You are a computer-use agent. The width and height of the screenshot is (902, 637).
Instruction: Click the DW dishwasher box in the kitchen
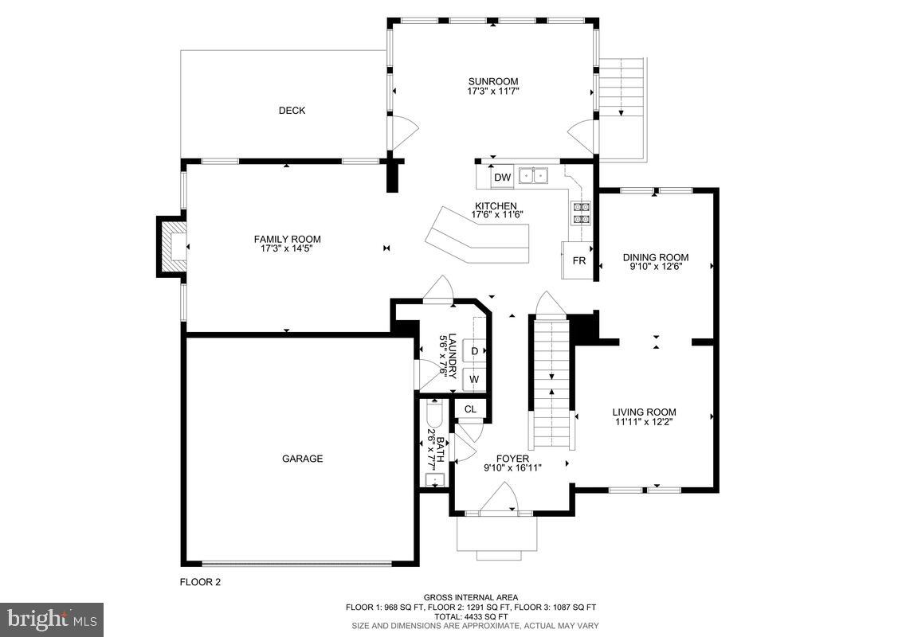click(502, 177)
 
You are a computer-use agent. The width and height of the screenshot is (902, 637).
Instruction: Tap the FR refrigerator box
click(578, 260)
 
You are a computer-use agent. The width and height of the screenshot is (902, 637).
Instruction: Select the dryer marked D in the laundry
click(475, 350)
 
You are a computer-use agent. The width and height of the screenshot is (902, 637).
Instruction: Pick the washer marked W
click(475, 380)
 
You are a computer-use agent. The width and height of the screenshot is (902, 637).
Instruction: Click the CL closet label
click(471, 409)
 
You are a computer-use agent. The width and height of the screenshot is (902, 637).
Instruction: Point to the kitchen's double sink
click(534, 175)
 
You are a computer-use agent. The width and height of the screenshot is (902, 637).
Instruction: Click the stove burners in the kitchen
click(580, 212)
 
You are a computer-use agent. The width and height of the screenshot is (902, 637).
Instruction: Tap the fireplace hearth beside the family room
click(173, 247)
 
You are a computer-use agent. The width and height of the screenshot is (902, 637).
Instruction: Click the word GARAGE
click(302, 459)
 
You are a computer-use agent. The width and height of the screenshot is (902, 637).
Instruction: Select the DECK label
click(292, 111)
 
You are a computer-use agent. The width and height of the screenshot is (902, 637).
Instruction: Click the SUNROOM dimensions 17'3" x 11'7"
click(493, 91)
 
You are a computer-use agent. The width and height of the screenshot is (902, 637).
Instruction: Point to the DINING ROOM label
click(656, 257)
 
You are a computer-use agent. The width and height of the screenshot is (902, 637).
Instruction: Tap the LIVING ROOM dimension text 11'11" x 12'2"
click(644, 421)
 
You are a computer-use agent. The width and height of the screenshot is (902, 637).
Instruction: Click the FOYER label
click(512, 459)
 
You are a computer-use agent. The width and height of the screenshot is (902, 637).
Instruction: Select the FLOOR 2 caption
click(200, 582)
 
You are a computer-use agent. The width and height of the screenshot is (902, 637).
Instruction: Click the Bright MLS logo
click(52, 619)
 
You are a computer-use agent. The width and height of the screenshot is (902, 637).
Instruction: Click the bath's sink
click(434, 479)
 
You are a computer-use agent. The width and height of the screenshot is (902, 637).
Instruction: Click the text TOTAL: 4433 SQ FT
click(471, 616)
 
